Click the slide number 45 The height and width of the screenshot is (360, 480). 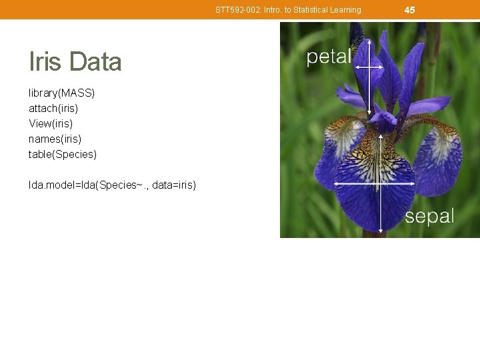(409, 9)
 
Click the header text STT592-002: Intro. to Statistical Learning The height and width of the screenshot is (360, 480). (288, 10)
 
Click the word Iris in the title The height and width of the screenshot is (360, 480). (45, 62)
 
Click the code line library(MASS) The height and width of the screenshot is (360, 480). (61, 93)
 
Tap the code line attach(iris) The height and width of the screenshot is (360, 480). (53, 108)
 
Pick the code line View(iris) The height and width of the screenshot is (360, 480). (51, 123)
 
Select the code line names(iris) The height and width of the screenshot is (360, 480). (55, 139)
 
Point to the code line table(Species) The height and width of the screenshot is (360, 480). (62, 154)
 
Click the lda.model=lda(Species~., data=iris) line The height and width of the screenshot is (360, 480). (112, 185)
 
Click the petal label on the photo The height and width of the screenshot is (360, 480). (328, 57)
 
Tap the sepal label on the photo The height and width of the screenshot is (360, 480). (429, 216)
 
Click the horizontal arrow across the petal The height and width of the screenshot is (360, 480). (368, 67)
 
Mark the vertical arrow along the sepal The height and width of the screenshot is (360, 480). (381, 200)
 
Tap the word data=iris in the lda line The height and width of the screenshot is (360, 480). (174, 185)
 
